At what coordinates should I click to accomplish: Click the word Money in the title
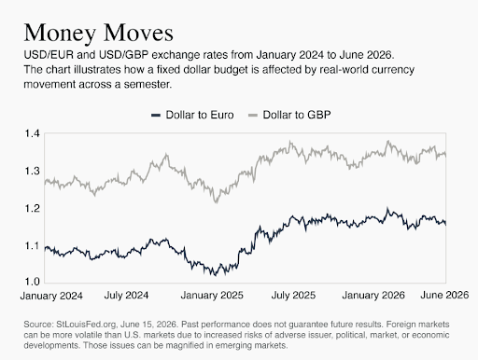[x=60, y=33]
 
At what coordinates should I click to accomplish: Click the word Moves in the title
[x=138, y=33]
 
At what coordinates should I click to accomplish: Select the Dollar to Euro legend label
[x=200, y=115]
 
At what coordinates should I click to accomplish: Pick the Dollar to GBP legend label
[x=297, y=115]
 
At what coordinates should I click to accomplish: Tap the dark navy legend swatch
[x=156, y=116]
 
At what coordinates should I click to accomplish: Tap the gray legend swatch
[x=253, y=116]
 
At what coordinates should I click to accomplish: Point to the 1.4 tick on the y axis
[x=33, y=133]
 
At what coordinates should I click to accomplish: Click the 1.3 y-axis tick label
[x=33, y=171]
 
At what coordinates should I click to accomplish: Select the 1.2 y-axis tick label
[x=33, y=208]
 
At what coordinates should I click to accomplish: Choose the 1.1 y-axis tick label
[x=33, y=246]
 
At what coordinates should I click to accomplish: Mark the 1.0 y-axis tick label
[x=33, y=282]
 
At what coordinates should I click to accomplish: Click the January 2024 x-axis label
[x=51, y=296]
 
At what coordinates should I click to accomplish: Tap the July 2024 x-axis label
[x=126, y=295]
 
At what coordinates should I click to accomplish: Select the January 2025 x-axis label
[x=212, y=295]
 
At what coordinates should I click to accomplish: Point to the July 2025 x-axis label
[x=293, y=295]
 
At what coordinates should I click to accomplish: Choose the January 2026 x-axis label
[x=373, y=295]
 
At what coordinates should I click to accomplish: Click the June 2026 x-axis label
[x=444, y=295]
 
